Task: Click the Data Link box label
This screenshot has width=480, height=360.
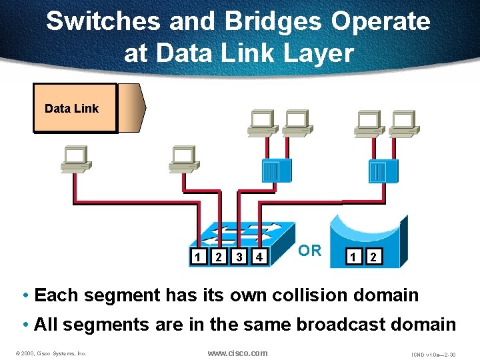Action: pyautogui.click(x=71, y=109)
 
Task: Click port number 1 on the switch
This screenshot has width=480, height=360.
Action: pyautogui.click(x=197, y=257)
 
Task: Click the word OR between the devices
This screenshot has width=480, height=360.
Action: pyautogui.click(x=310, y=251)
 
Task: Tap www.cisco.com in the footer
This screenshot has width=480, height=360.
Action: pyautogui.click(x=237, y=353)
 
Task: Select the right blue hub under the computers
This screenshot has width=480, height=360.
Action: pyautogui.click(x=383, y=171)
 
